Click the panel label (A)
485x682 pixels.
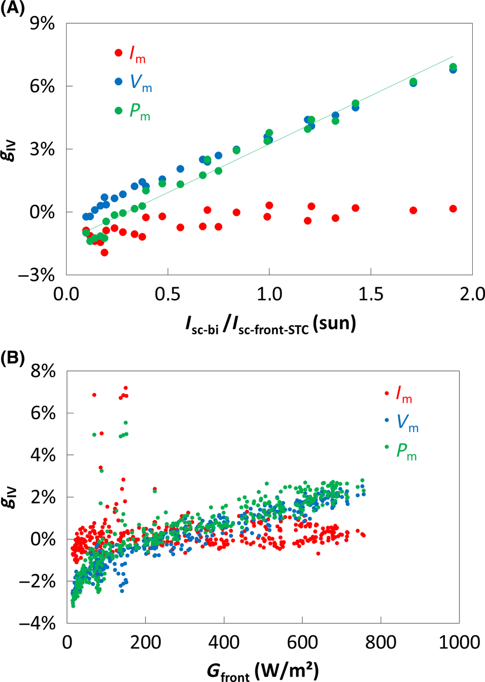[12, 8]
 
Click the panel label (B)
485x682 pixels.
[12, 358]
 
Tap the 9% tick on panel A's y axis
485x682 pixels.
[42, 23]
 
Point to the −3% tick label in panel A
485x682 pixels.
[36, 276]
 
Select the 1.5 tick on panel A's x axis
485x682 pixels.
[371, 294]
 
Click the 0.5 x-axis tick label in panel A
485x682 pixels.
[168, 294]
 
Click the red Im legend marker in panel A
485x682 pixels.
[119, 53]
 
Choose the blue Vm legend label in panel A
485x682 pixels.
[141, 83]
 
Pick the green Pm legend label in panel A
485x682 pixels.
[139, 112]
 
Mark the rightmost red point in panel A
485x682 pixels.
[453, 208]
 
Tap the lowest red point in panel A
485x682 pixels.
[104, 252]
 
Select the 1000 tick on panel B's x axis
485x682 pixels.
[459, 642]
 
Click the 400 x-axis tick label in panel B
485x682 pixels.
[224, 642]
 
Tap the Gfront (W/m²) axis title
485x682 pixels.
[263, 671]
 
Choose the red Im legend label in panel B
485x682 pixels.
[404, 394]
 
